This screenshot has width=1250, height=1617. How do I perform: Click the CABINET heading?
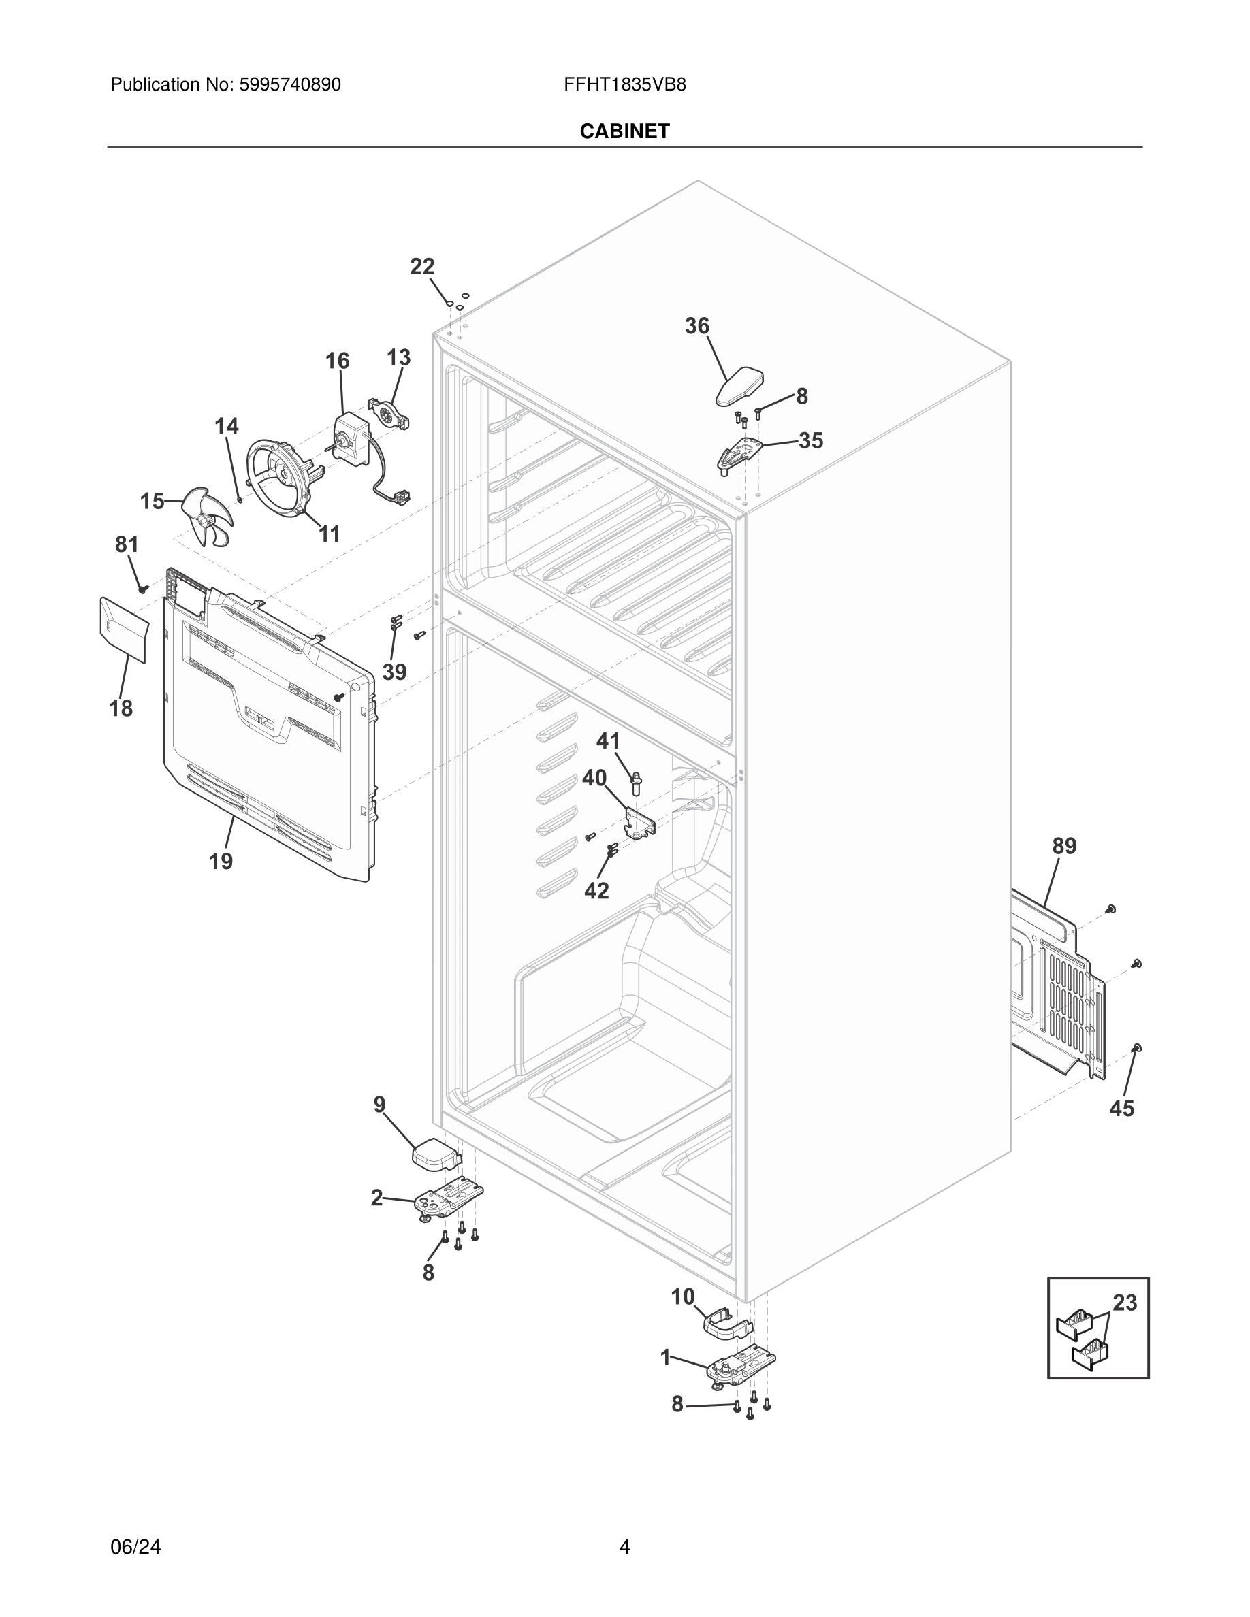[624, 131]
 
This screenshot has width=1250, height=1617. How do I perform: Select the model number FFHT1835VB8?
[624, 84]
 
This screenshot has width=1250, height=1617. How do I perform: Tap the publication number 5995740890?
[289, 84]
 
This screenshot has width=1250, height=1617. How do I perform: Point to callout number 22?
[422, 267]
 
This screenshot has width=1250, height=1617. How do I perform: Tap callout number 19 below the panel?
[221, 861]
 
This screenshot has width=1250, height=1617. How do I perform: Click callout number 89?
[1064, 845]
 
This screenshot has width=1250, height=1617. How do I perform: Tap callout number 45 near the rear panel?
[1121, 1109]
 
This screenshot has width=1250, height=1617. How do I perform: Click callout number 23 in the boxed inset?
[1124, 1303]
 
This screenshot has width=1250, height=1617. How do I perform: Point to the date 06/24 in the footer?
[135, 1547]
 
